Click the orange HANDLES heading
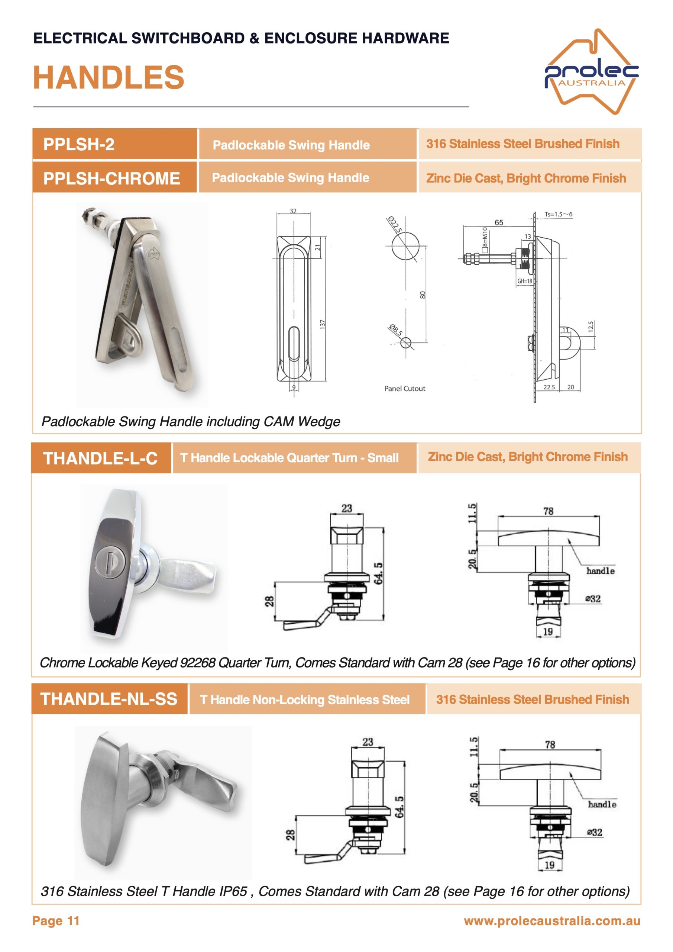(109, 78)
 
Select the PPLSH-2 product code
(79, 144)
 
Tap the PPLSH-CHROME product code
(111, 178)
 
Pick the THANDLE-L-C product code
(100, 458)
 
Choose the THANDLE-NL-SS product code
(109, 699)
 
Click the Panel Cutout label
(404, 389)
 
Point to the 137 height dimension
(323, 325)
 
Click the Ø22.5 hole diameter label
(395, 224)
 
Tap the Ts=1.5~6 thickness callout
(558, 214)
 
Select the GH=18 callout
(524, 281)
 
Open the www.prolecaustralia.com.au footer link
(552, 921)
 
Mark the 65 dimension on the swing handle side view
(499, 223)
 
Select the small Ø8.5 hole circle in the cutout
(406, 343)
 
